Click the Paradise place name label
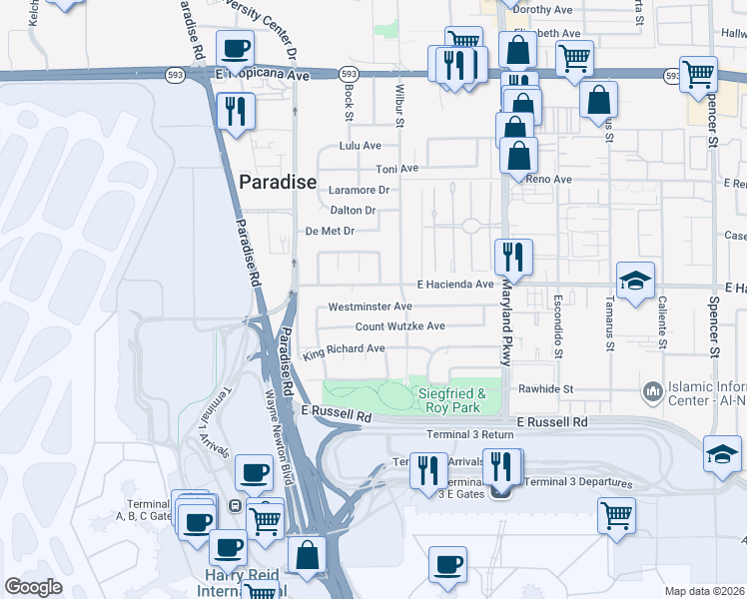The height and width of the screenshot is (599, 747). [x=278, y=183]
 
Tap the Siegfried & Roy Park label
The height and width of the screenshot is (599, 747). [x=451, y=400]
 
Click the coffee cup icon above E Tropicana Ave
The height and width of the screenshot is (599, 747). [x=236, y=48]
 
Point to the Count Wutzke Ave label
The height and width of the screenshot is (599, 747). [x=400, y=326]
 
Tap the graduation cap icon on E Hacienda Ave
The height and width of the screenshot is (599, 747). [x=634, y=281]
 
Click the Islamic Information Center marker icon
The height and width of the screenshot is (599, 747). [x=653, y=388]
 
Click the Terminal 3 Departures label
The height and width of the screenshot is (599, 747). [x=579, y=483]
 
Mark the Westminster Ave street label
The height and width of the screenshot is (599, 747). [x=370, y=306]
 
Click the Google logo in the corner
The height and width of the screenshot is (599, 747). [x=33, y=587]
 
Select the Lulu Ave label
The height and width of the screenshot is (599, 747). [x=361, y=146]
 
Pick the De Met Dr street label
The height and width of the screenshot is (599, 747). [x=330, y=232]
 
